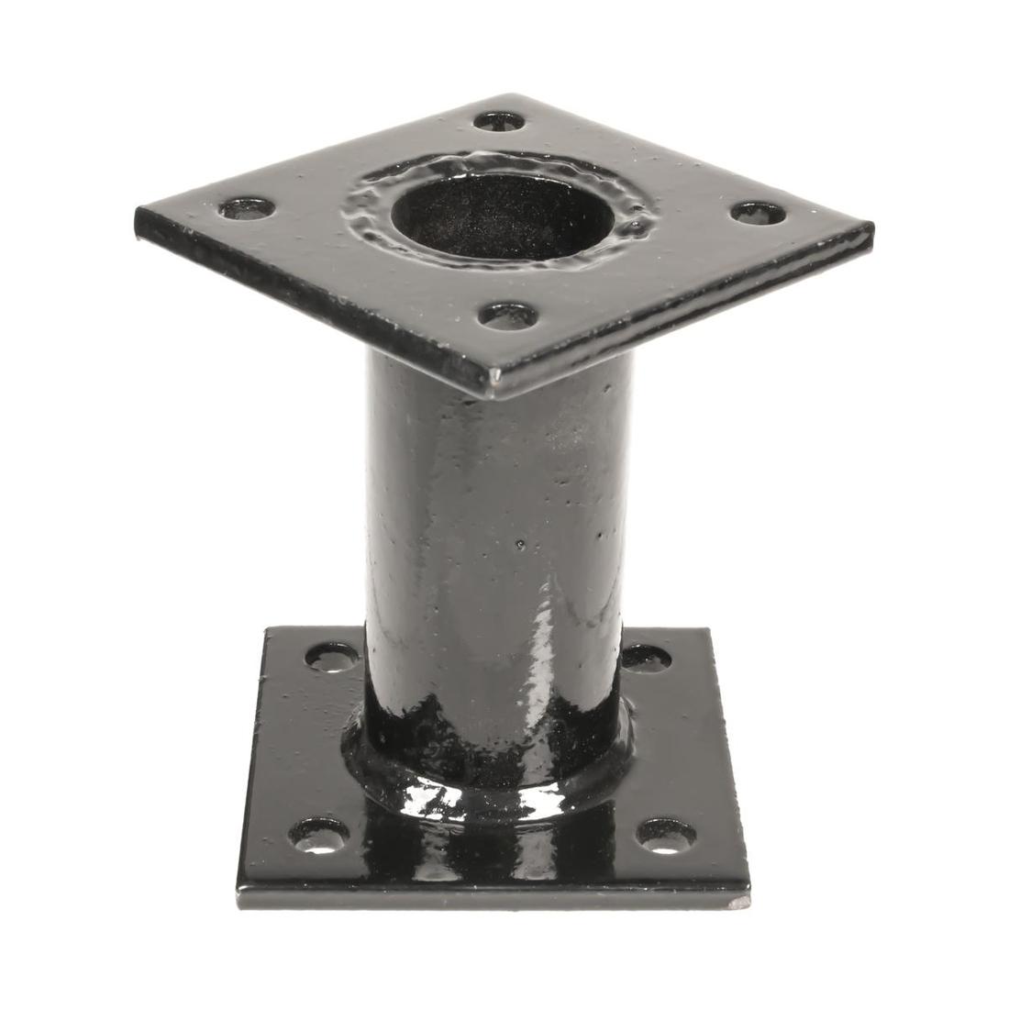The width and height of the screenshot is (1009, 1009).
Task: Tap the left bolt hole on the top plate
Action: coord(248,208)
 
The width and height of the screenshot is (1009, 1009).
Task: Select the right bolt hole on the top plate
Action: coord(759,213)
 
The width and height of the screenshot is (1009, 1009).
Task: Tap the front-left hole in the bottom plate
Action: coord(319,833)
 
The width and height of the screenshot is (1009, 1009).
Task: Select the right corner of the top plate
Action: coord(870,226)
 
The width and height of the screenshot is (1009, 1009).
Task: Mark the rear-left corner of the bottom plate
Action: coord(267,631)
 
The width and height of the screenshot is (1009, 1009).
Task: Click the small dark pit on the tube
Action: coord(521,546)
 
